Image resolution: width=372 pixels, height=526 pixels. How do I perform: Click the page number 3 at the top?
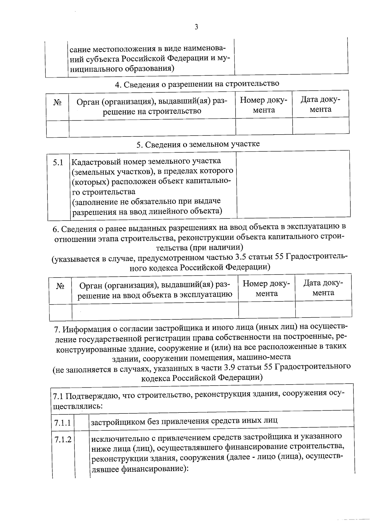tap(196, 27)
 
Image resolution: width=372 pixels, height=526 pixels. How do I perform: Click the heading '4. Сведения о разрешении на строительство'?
tap(197, 84)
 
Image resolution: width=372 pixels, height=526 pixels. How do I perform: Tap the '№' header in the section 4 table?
tap(57, 103)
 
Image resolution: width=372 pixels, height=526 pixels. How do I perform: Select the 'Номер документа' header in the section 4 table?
tap(264, 105)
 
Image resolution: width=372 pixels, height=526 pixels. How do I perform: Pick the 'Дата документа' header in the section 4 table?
tap(321, 105)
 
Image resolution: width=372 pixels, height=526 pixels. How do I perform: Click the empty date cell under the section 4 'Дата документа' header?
tap(321, 126)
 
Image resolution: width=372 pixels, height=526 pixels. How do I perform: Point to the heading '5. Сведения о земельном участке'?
tap(198, 144)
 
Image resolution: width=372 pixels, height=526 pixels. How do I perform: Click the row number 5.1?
tap(58, 162)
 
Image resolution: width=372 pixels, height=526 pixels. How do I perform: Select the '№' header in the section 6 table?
tap(60, 286)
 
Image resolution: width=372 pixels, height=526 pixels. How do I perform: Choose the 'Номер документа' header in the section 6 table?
tap(267, 288)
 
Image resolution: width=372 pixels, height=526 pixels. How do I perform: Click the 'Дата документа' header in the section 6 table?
tap(323, 288)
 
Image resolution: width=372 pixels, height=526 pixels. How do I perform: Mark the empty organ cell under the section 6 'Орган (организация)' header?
tap(155, 310)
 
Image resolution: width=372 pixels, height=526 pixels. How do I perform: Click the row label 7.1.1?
tap(62, 422)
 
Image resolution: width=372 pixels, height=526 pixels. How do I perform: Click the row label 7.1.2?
tap(63, 439)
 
